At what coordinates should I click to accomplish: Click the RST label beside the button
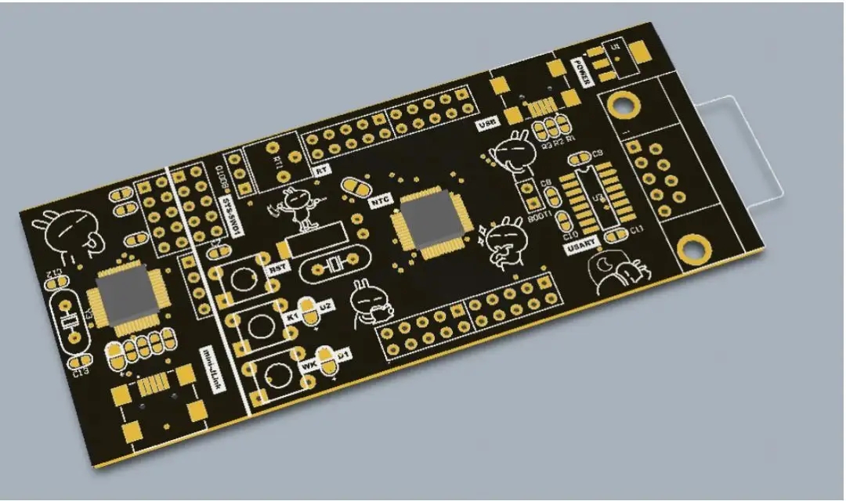click(x=277, y=269)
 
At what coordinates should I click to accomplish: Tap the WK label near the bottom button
click(x=309, y=365)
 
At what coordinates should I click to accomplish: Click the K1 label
click(x=293, y=316)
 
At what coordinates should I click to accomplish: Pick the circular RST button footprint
click(x=244, y=279)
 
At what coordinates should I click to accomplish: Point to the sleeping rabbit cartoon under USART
click(x=619, y=274)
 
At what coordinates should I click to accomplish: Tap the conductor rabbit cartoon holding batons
click(x=297, y=207)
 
